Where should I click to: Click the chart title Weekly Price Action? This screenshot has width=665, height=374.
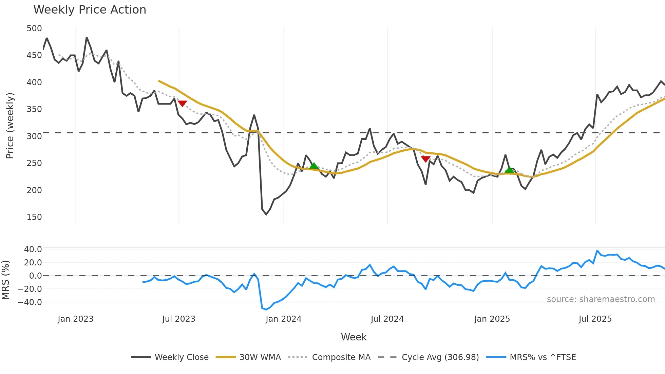coord(90,10)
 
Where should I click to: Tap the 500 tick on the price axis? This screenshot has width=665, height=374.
coord(34,29)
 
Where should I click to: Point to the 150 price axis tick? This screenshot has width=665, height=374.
coord(34,217)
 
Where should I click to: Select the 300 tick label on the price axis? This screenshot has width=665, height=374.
coord(34,136)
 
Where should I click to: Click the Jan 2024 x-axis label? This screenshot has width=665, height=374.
coord(283,319)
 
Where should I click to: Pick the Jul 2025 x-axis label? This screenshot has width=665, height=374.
coord(595,319)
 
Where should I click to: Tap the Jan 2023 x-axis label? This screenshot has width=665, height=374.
coord(75,319)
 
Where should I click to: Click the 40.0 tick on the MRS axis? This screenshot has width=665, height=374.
coord(33,249)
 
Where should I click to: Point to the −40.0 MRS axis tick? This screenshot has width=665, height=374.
coord(30,302)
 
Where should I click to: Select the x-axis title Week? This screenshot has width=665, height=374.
coord(354,337)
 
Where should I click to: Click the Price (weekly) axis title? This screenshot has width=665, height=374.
coord(10,126)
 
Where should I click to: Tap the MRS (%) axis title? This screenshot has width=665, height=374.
coord(5,280)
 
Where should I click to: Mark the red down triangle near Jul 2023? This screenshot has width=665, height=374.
coord(182,104)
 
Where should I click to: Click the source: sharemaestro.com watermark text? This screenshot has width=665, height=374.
coord(601,299)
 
